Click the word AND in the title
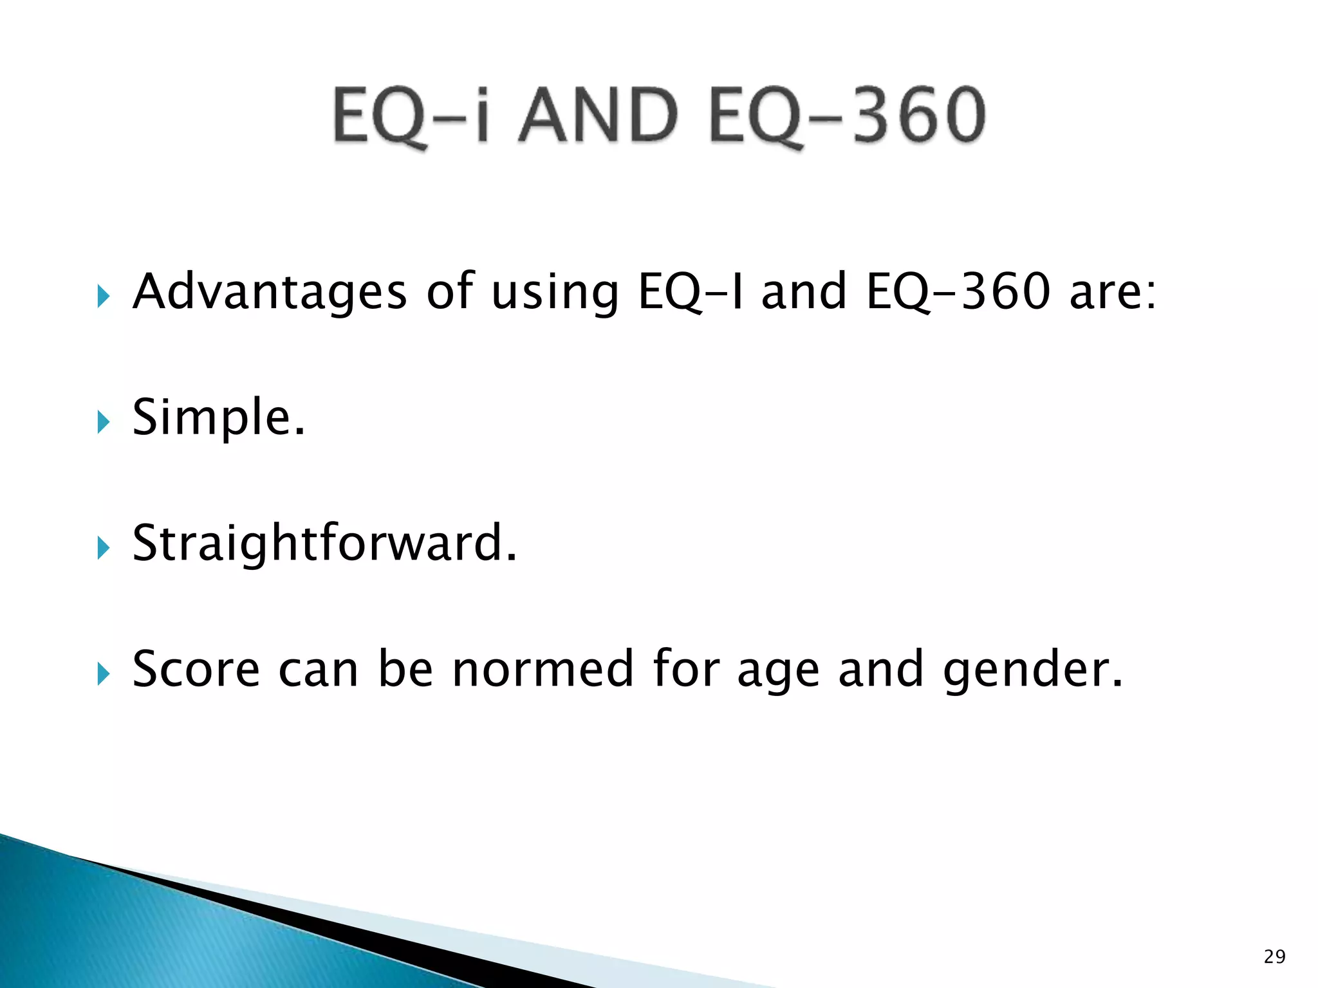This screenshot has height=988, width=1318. click(599, 116)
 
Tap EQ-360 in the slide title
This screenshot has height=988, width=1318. click(847, 116)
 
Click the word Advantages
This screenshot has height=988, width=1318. click(270, 293)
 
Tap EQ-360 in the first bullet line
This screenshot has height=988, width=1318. click(959, 293)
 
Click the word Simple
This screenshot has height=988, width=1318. click(218, 418)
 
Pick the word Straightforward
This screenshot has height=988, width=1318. click(324, 544)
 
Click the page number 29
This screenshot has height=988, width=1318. click(1274, 957)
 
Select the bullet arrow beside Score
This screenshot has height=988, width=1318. click(104, 675)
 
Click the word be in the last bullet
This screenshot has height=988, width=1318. click(405, 670)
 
